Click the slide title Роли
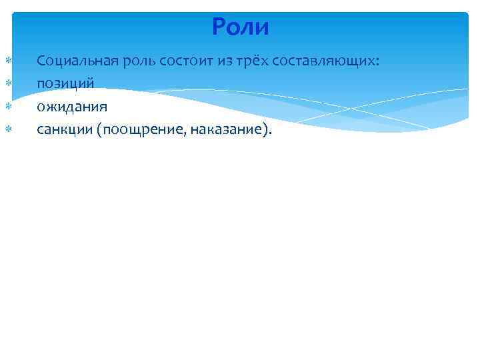240,27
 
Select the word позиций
65,84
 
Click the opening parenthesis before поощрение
99,129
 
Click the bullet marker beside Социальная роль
8,61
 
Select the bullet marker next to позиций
8,84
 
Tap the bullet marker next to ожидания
8,107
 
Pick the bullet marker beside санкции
8,129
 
